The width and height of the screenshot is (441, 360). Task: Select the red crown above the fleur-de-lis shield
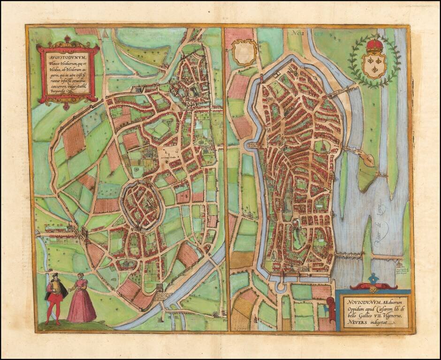[374, 46]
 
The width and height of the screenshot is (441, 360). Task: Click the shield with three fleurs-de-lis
[374, 65]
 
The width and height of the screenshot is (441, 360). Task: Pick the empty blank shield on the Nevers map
[244, 52]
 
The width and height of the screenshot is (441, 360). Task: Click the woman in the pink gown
[82, 300]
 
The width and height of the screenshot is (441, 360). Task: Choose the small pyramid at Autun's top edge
[106, 33]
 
